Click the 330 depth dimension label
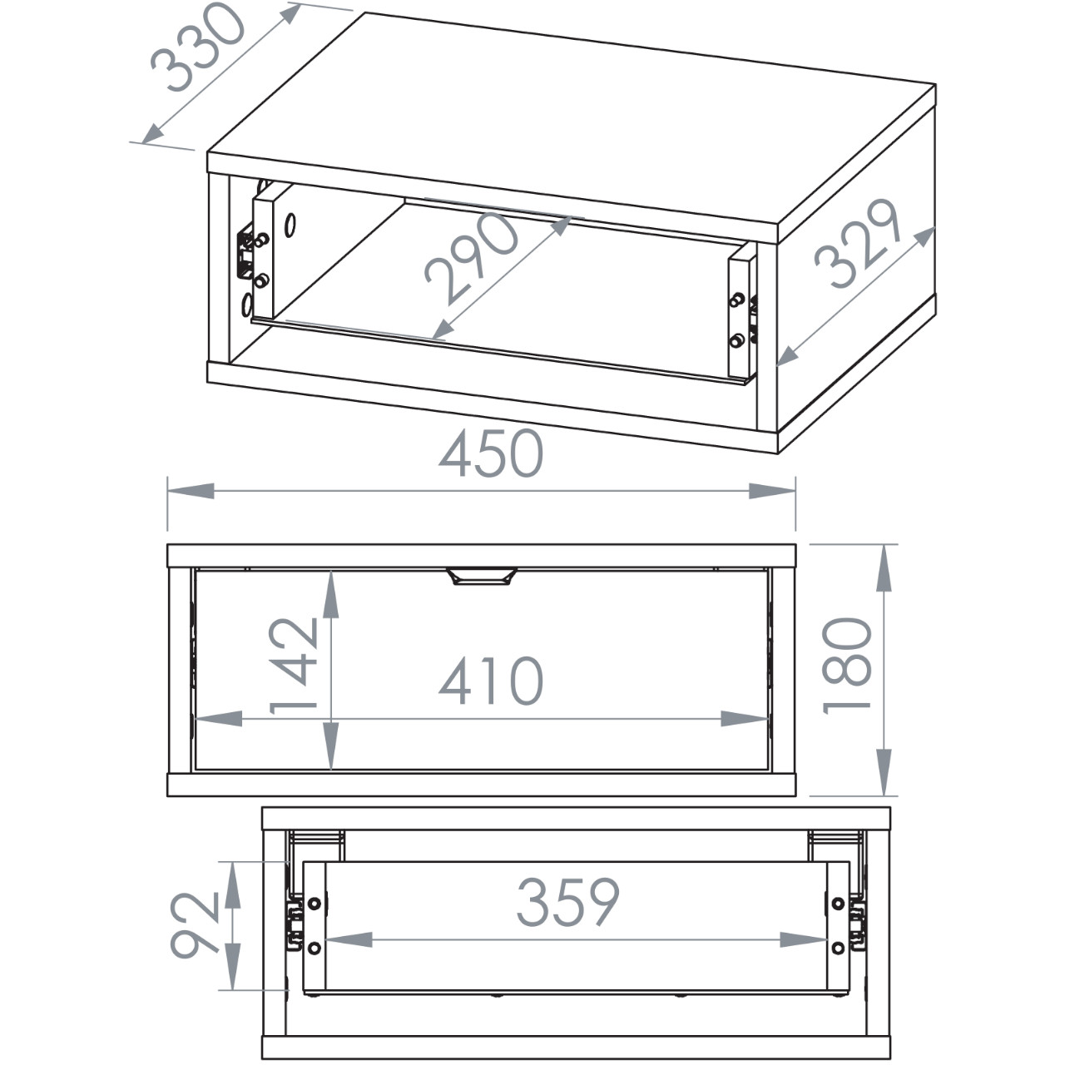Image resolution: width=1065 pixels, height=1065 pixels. pos(197,47)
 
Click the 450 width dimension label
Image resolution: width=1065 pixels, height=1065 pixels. pos(492,453)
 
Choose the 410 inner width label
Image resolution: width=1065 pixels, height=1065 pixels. pos(492,681)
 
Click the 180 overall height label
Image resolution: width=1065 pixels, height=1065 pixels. pos(846,666)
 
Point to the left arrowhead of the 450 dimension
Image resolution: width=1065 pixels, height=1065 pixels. pos(191,491)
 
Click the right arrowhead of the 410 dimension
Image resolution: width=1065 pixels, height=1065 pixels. pos(745,719)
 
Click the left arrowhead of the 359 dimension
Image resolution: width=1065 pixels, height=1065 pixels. pos(349,940)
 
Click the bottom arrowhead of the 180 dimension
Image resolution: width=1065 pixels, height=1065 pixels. pos(884,772)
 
